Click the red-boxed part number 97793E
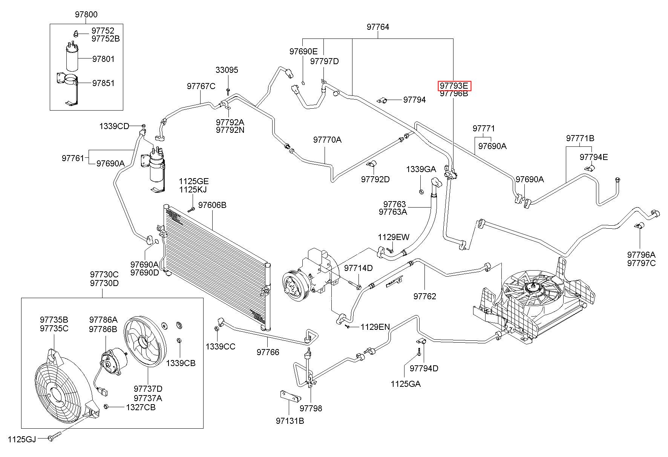[x=454, y=86]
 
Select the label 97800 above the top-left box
[x=86, y=15]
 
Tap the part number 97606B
[x=212, y=205]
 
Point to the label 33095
[x=227, y=70]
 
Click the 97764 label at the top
[x=378, y=27]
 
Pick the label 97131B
[x=290, y=421]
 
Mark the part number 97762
[x=424, y=296]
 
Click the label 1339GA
[x=421, y=169]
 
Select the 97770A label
[x=327, y=140]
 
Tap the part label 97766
[x=268, y=352]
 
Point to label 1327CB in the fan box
[x=141, y=407]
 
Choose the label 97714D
[x=358, y=268]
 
